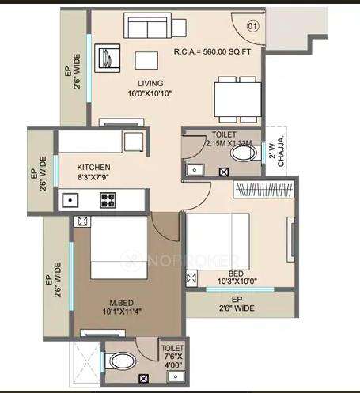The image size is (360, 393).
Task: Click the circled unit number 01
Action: [253, 26]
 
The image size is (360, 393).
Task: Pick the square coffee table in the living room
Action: [146, 61]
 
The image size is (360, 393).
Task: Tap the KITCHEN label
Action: [93, 168]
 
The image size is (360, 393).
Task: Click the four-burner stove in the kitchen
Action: [107, 200]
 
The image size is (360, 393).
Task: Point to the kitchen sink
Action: [70, 200]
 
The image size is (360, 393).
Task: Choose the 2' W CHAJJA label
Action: [272, 149]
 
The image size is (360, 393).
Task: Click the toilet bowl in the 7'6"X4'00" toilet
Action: [121, 362]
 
